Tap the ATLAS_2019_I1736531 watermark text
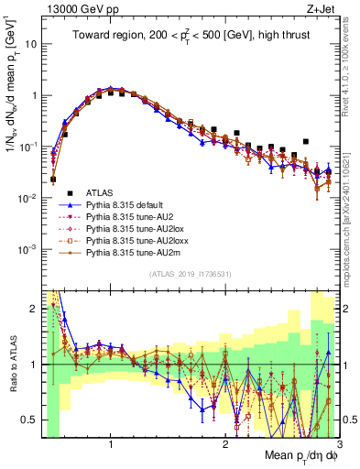pos(189,275)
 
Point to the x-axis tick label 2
pos(225,444)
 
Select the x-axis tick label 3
pos(338,444)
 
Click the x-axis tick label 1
pos(111,444)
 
